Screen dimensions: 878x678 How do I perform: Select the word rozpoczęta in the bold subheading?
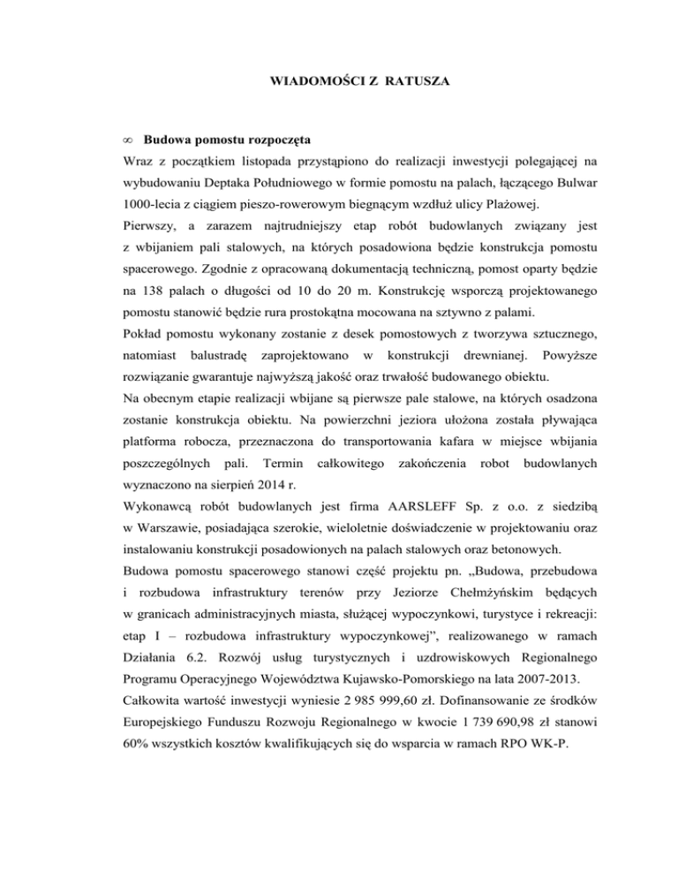click(x=265, y=140)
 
